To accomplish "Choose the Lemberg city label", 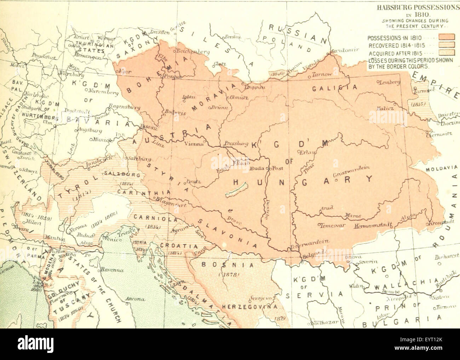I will click(x=389, y=82).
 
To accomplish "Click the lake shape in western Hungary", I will click(x=234, y=193).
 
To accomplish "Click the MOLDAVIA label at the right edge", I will click(x=442, y=169).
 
